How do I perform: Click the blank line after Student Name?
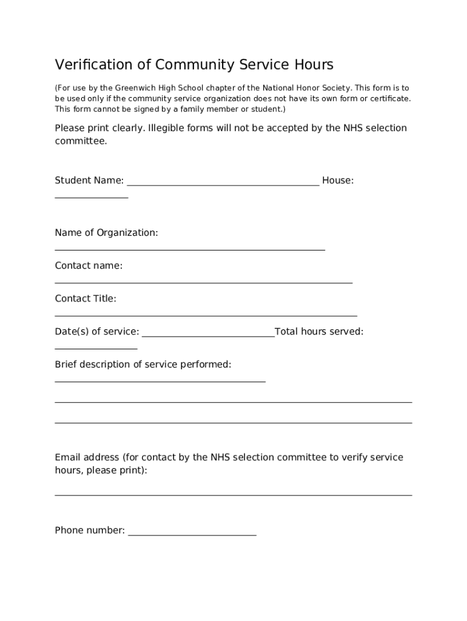(x=223, y=183)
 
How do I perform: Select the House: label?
(x=338, y=180)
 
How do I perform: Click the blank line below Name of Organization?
(x=190, y=249)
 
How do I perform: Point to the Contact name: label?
(x=89, y=266)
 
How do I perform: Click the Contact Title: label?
(x=86, y=298)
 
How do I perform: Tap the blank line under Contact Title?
(x=206, y=315)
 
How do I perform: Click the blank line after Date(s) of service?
(x=208, y=334)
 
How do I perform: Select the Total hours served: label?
(x=319, y=331)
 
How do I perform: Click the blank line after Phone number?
(x=192, y=534)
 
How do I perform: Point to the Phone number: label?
(x=90, y=531)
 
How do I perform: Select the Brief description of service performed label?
(x=143, y=364)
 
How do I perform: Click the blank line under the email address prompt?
(x=233, y=494)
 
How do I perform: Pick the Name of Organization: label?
(x=106, y=233)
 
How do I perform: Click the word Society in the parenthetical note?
(x=335, y=88)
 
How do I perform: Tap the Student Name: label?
(x=89, y=180)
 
